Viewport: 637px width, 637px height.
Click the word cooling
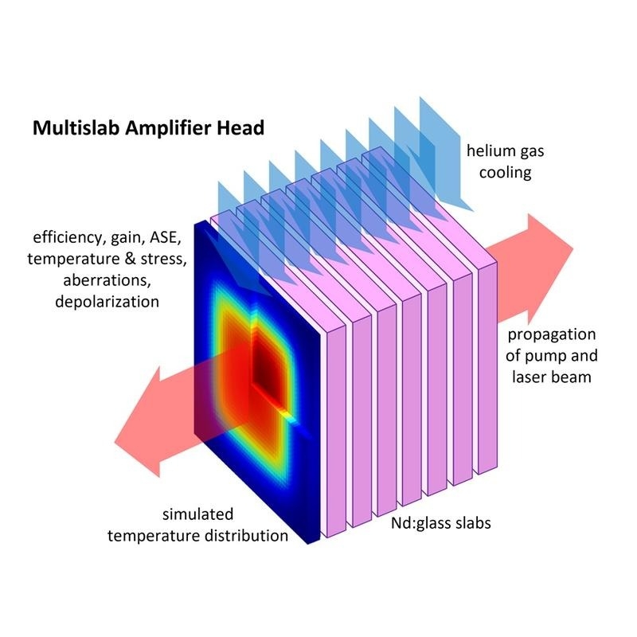(498, 171)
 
